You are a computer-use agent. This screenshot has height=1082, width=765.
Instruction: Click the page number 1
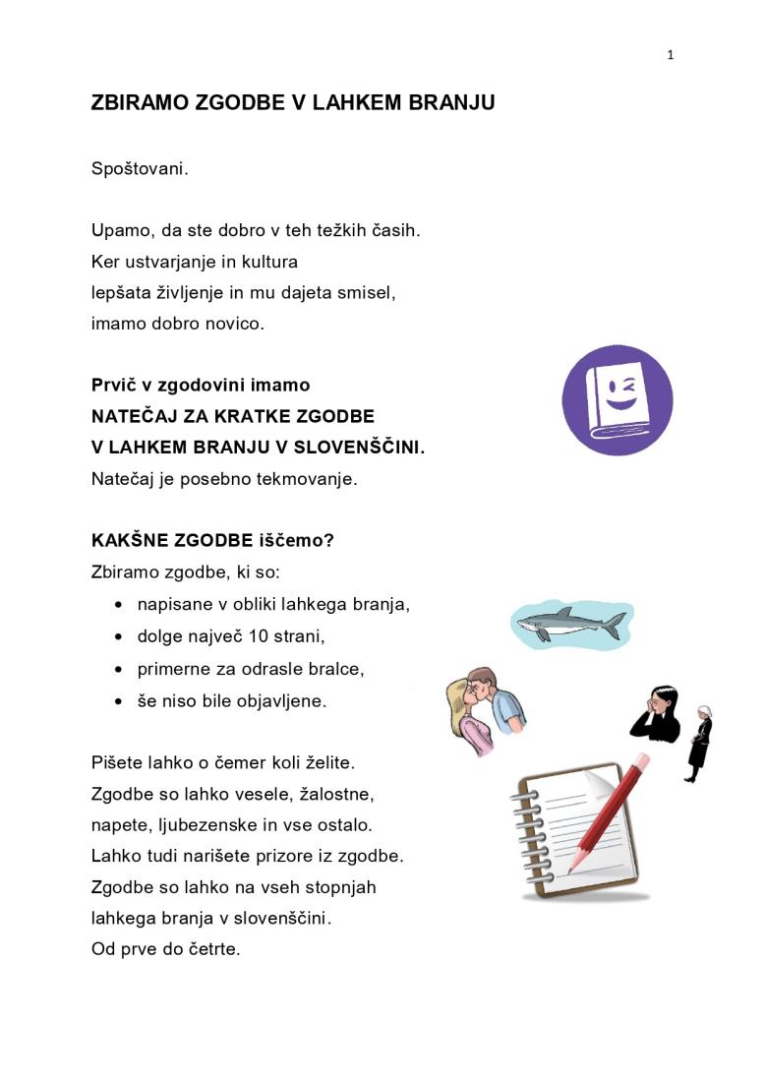click(x=671, y=55)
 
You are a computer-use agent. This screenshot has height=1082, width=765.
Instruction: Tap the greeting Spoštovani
click(x=140, y=169)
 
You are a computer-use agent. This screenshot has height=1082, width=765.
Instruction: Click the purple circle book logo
click(x=617, y=400)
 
